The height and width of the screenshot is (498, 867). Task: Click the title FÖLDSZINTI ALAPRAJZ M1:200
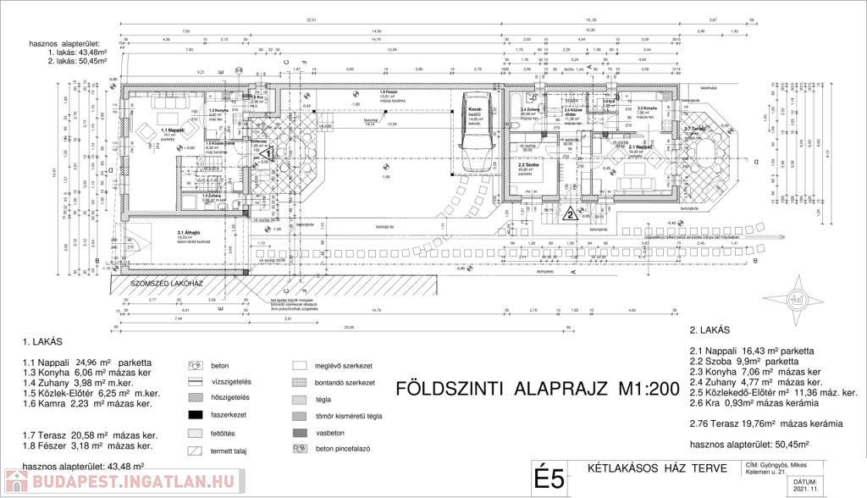point(537,389)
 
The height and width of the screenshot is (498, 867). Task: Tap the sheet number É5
point(549,479)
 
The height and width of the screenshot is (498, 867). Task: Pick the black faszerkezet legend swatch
point(196,414)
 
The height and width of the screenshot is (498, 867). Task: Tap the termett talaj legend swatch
point(196,451)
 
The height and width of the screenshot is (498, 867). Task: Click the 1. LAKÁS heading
point(43,343)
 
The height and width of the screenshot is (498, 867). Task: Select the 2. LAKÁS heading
point(710,330)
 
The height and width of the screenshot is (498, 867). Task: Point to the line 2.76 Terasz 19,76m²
point(766,423)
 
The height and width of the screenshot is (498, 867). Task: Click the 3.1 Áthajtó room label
point(188,233)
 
